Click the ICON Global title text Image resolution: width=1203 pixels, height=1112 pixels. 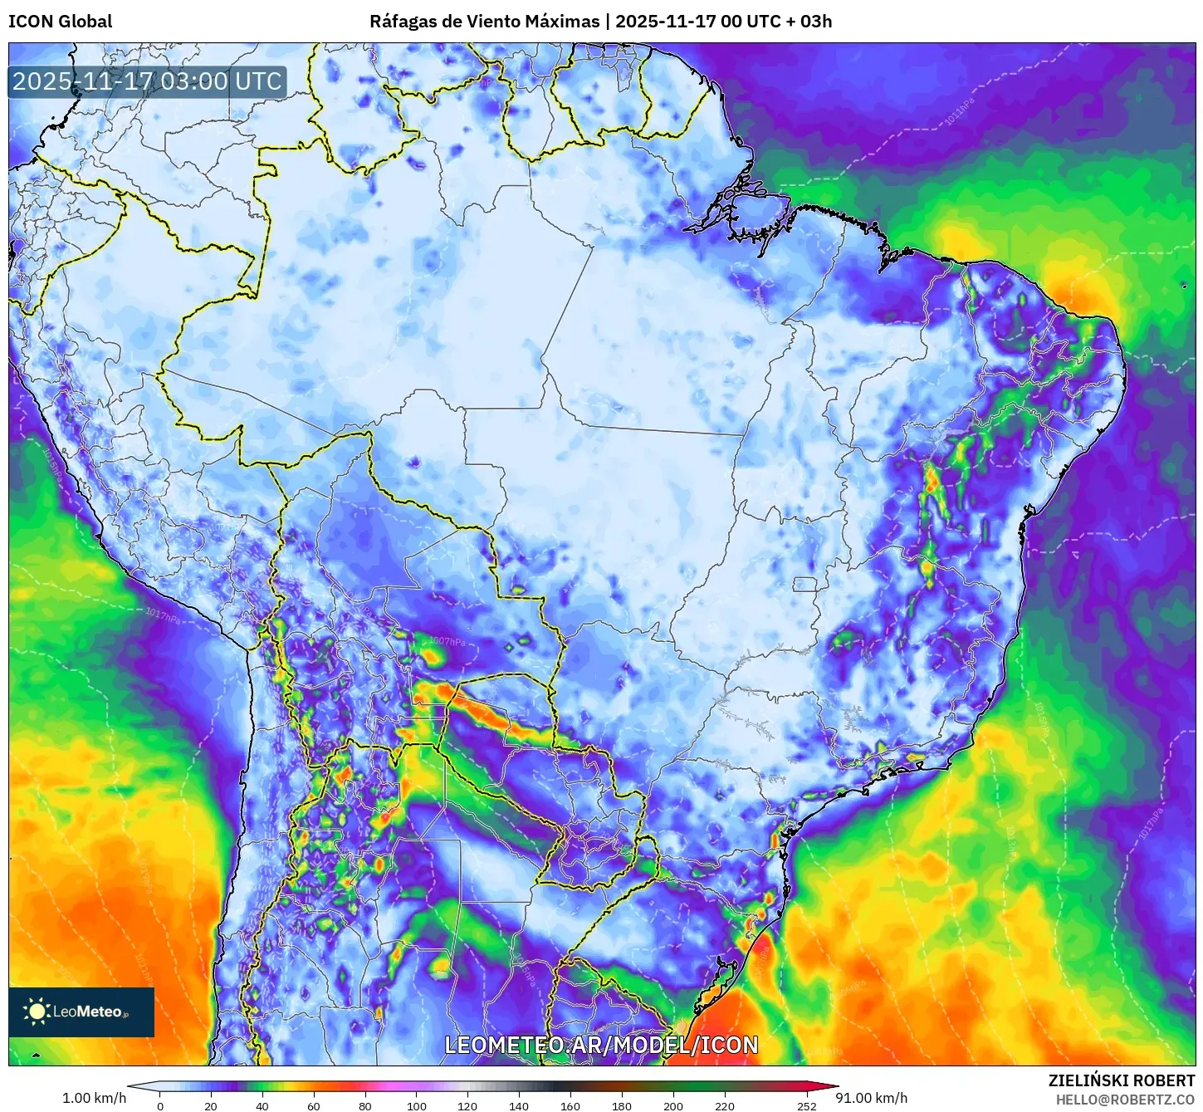(60, 22)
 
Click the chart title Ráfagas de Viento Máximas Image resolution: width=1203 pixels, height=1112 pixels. (484, 22)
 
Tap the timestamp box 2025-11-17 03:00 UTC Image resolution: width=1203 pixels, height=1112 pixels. (147, 81)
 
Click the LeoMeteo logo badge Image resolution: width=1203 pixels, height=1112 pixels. (81, 1012)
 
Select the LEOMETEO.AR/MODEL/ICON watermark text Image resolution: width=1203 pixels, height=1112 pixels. (601, 1045)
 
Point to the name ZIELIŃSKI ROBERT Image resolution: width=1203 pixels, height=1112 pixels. (1121, 1080)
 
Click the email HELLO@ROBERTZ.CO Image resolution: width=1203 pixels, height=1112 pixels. (1125, 1100)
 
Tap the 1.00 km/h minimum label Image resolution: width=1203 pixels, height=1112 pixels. (94, 1098)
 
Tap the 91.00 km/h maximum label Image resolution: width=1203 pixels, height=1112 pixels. (872, 1098)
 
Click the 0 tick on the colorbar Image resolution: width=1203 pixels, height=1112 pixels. (160, 1106)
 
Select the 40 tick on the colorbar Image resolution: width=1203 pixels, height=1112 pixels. (262, 1106)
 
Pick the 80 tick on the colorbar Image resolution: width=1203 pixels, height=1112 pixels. (365, 1106)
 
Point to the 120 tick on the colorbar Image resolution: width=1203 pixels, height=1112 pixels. (467, 1106)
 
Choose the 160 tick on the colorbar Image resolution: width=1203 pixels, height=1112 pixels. (570, 1106)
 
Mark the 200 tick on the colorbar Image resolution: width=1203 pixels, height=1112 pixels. (673, 1106)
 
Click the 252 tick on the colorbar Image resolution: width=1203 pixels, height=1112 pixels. (806, 1106)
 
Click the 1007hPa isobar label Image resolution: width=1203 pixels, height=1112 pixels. (447, 641)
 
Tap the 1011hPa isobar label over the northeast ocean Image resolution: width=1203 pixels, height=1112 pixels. (959, 112)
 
